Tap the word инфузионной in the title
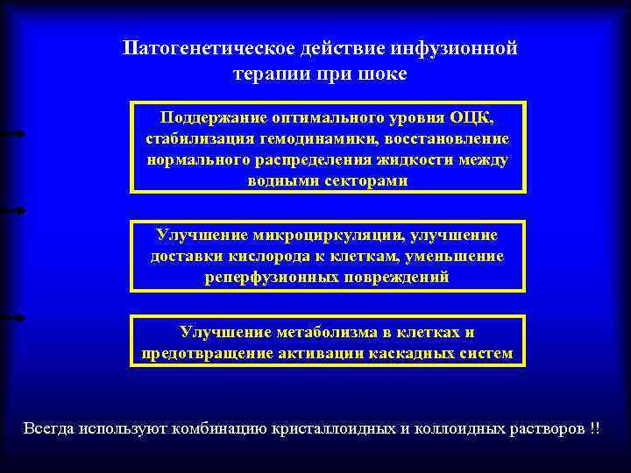460,47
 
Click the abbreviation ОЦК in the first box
477,118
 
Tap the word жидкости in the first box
411,160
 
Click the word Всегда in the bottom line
49,429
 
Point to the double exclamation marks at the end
596,429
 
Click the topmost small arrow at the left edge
12,133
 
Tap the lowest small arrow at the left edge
12,317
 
